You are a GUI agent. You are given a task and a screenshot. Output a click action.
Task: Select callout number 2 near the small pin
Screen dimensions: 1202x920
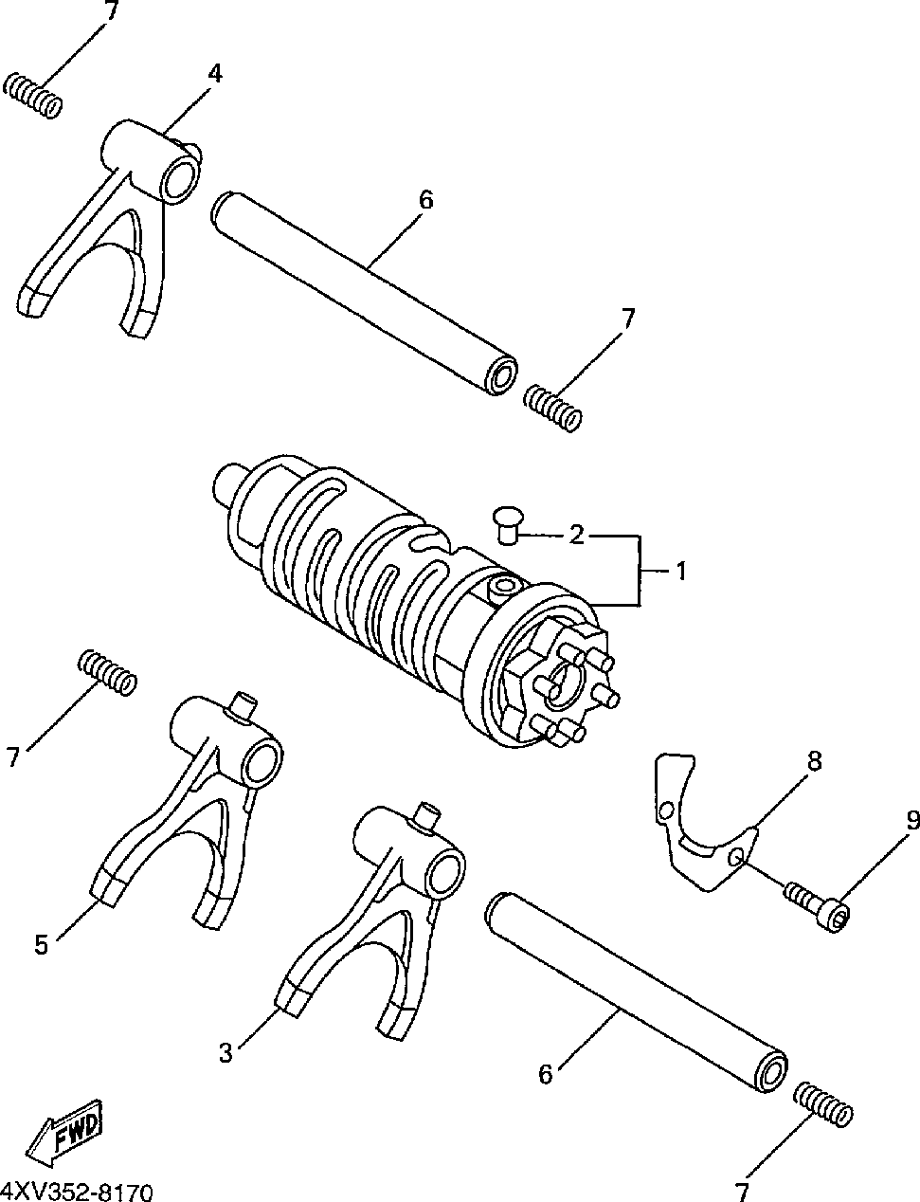point(577,536)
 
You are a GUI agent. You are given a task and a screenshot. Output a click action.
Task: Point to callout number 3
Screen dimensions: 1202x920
point(225,1052)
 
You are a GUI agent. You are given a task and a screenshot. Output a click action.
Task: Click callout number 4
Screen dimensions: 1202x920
point(215,73)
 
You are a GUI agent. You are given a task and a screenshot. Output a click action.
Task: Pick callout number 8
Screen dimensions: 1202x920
point(814,760)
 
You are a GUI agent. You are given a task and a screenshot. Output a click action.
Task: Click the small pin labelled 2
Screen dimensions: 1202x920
point(510,524)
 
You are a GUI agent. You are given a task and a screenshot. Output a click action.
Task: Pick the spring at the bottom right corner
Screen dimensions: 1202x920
point(823,1105)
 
